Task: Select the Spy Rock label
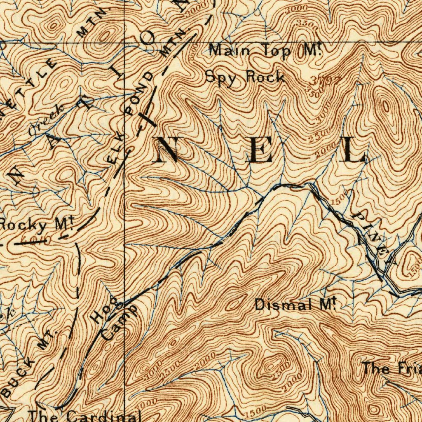(245, 77)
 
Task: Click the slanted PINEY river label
(375, 237)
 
